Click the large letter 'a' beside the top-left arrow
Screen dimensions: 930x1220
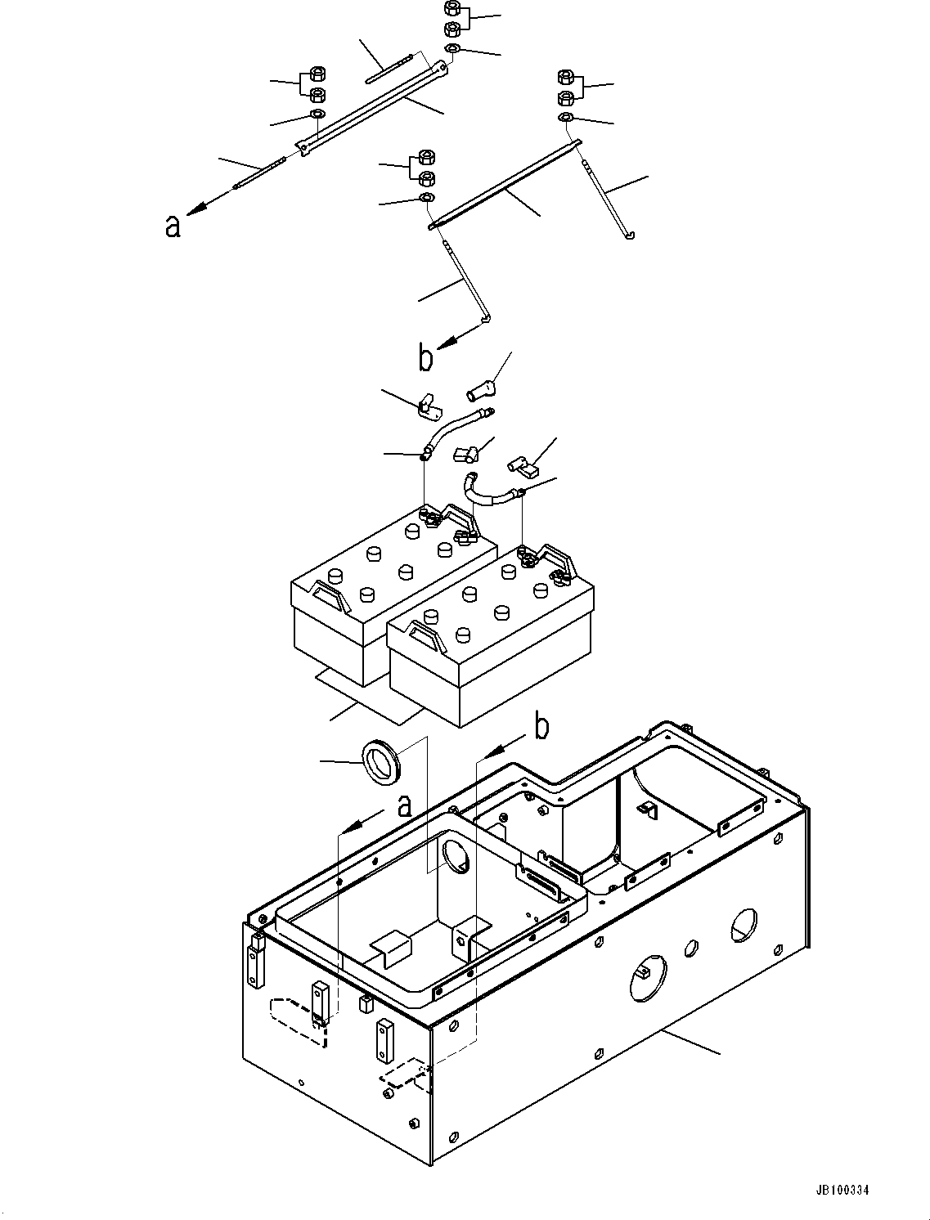(173, 227)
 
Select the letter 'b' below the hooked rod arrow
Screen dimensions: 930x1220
(425, 359)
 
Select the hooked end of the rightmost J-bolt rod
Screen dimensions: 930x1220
(629, 235)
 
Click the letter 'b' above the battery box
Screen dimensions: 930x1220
(542, 727)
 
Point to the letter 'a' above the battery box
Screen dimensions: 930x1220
(405, 806)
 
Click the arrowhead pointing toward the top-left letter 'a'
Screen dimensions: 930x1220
(194, 209)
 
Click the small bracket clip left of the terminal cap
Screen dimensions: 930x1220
(428, 406)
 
